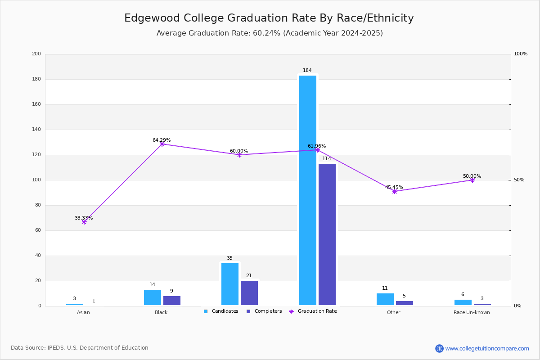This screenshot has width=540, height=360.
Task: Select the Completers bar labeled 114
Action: click(327, 234)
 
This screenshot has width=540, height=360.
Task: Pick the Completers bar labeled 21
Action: click(249, 293)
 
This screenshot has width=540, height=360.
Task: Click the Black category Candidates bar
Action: click(153, 297)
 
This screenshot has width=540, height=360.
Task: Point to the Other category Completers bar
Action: click(405, 303)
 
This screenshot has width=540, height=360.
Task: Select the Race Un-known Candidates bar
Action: click(463, 302)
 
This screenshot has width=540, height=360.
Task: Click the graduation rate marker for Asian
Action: click(84, 222)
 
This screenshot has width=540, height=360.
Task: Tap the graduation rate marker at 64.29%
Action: click(162, 144)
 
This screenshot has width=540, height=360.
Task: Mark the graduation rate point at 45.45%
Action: click(395, 191)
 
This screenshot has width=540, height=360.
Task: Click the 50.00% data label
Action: click(472, 176)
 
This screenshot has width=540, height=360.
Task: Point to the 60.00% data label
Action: click(239, 151)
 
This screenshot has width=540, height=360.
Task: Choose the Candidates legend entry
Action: click(221, 311)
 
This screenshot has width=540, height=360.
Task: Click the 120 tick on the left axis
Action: click(36, 155)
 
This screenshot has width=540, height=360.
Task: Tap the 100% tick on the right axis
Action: click(521, 54)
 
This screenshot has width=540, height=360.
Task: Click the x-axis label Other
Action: click(393, 312)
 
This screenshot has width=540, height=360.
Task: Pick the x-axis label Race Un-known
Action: click(472, 312)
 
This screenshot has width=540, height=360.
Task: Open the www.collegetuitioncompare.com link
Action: click(487, 348)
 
